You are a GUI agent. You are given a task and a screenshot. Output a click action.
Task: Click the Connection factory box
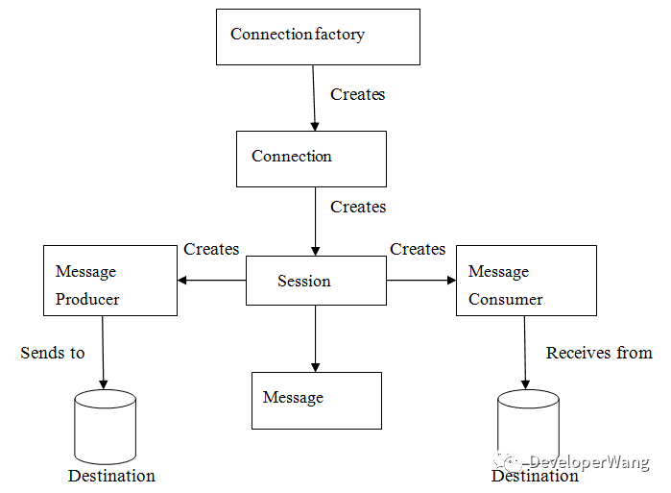point(318,37)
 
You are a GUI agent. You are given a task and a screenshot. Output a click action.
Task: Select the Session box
point(316,281)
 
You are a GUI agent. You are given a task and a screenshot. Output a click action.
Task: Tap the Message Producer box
point(110,281)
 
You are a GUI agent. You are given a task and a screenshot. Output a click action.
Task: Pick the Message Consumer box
point(526,281)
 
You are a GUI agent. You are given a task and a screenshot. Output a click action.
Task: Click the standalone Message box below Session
point(317,401)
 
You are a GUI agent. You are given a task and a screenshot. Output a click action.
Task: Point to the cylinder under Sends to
point(106,427)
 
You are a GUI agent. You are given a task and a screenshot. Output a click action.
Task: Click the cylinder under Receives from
point(529,427)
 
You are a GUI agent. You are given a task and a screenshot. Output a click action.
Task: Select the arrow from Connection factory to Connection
point(314,98)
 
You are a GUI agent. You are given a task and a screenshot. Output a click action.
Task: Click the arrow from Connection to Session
point(316,221)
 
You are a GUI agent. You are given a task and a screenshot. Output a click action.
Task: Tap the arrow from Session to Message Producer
point(212,281)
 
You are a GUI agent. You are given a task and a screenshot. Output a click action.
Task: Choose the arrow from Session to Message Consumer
point(421,281)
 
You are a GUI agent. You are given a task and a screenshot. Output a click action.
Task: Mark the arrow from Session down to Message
point(316,338)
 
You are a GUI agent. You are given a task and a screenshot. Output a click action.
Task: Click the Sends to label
point(53,353)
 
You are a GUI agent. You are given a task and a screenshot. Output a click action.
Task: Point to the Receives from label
point(599,353)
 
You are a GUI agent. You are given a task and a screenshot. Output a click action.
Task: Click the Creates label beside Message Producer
point(211,249)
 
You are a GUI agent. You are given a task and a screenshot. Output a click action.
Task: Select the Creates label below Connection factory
point(358,94)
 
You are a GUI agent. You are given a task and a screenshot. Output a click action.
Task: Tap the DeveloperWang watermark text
point(589,462)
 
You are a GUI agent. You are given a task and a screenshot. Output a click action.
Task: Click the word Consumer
point(505,299)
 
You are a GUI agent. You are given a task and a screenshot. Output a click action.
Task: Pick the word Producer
point(87,299)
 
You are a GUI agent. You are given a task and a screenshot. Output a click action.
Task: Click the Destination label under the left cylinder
point(111,476)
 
